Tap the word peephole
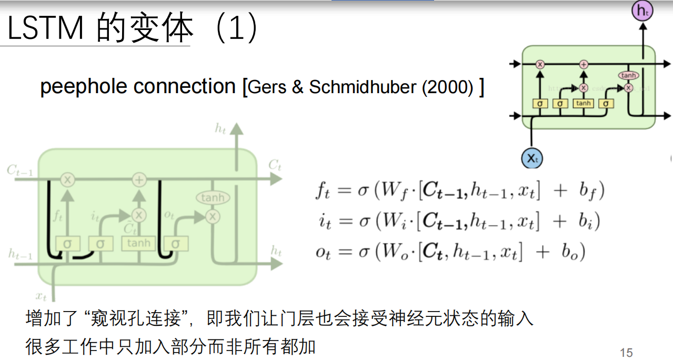tap(82, 86)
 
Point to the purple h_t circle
tap(642, 11)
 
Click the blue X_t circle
tap(532, 157)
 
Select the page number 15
tap(626, 353)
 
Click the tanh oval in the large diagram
tap(213, 198)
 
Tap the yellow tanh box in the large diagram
tap(138, 243)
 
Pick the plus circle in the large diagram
tap(139, 179)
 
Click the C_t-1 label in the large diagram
tap(19, 170)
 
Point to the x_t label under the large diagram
tap(42, 295)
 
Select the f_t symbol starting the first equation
tap(322, 190)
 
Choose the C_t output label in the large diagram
tap(275, 165)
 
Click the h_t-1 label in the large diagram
tap(20, 255)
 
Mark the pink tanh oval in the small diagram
tap(628, 75)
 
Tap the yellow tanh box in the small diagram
tap(583, 103)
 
